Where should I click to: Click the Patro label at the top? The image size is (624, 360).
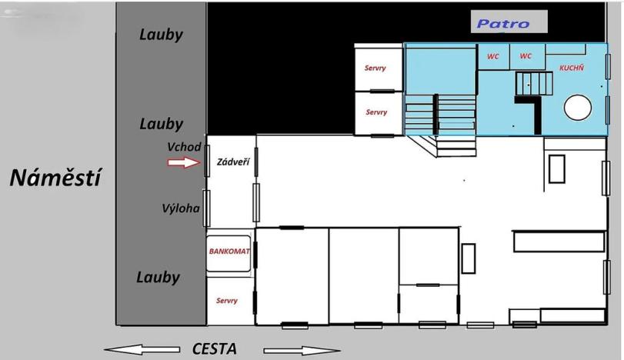(x=503, y=24)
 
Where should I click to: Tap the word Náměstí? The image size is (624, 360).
(x=55, y=178)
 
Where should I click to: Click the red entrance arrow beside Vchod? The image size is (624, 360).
(x=183, y=162)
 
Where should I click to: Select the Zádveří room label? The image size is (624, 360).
(x=233, y=162)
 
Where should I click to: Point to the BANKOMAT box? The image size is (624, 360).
(x=229, y=254)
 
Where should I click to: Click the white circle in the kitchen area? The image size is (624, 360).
(x=577, y=108)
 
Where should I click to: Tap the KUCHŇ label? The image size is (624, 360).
(x=572, y=68)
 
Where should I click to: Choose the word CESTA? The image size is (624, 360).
(x=214, y=349)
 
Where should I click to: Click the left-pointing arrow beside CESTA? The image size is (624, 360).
(x=142, y=349)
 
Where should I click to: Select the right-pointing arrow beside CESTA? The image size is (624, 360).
(x=302, y=351)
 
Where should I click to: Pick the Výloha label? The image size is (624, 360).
(x=181, y=208)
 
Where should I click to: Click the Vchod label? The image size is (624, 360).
(x=184, y=147)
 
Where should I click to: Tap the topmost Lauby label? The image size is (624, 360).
(x=161, y=35)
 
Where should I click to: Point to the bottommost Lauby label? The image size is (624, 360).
(x=158, y=278)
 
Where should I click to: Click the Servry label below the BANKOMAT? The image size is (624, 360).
(x=227, y=301)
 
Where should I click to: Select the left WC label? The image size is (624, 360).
(x=492, y=56)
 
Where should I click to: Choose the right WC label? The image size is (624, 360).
(x=526, y=56)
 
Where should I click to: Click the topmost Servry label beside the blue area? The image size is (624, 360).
(x=375, y=68)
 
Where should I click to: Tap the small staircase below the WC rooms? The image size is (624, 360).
(x=535, y=83)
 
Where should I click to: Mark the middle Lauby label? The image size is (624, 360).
(x=161, y=124)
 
